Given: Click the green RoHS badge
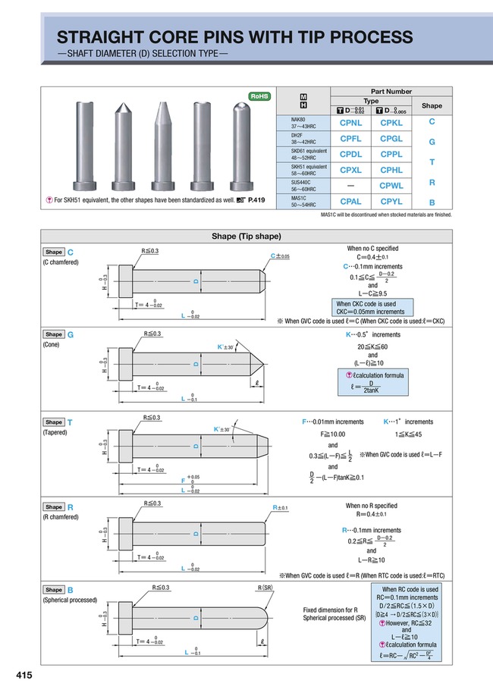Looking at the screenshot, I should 260,96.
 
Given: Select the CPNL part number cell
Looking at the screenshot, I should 350,122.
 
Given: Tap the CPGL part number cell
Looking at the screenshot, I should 391,139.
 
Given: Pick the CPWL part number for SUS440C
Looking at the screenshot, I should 391,185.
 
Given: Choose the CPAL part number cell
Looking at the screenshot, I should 350,202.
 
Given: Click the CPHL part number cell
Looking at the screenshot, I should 391,170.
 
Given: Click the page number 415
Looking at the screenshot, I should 24,674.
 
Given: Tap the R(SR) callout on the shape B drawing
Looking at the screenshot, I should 265,587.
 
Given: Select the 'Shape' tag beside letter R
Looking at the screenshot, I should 54,507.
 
